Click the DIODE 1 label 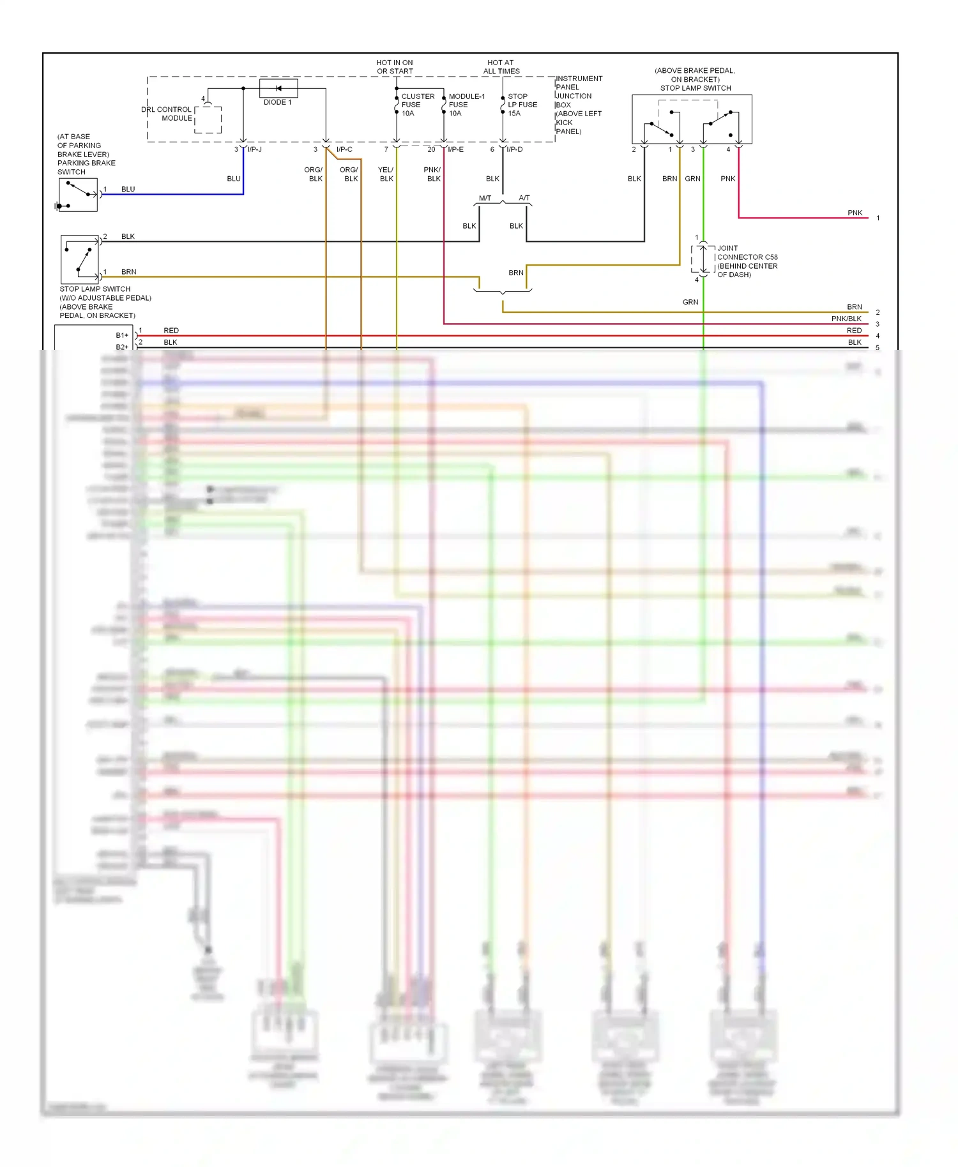pos(277,102)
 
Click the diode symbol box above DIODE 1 pos(278,88)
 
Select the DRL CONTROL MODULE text pos(167,114)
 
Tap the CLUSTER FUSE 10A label pos(417,105)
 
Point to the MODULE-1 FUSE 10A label pos(466,105)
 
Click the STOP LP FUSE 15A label pos(522,105)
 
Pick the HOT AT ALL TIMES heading pos(501,67)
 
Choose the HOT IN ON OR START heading pos(395,67)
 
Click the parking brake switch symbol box pos(78,195)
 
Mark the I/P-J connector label pos(254,149)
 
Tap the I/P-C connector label pos(344,149)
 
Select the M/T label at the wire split pos(485,198)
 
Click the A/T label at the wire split pos(524,198)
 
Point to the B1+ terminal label pos(122,335)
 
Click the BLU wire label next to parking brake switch pos(128,189)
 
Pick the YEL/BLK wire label pos(386,174)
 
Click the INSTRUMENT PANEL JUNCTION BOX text pos(578,105)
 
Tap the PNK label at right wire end pos(855,213)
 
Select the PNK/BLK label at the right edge pos(846,319)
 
